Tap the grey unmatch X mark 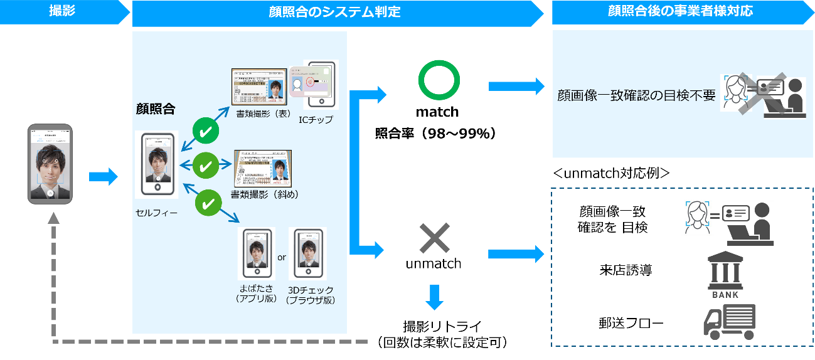click(x=434, y=238)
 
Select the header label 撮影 click(x=62, y=11)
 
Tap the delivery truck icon click(x=728, y=321)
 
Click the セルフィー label click(x=156, y=213)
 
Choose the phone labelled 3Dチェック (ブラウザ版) click(x=307, y=253)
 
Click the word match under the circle click(x=437, y=112)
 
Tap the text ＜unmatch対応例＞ click(x=611, y=172)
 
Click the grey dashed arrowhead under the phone click(x=55, y=218)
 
